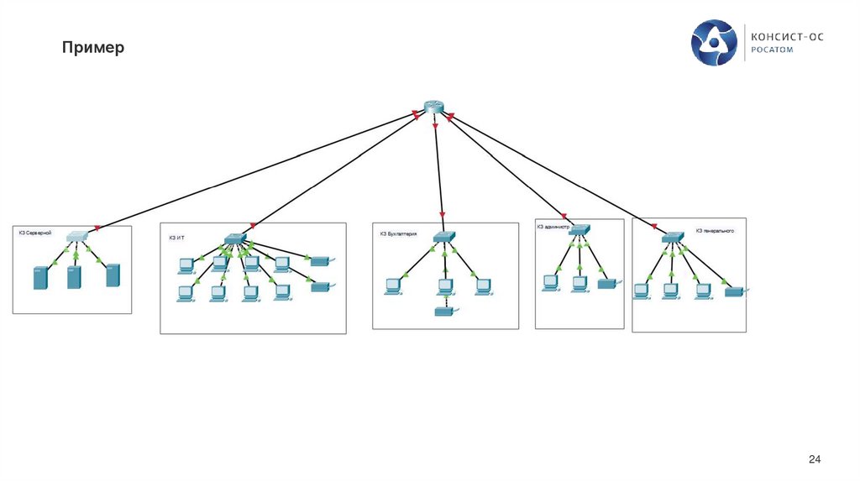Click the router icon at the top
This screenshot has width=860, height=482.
pyautogui.click(x=433, y=107)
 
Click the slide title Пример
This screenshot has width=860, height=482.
pyautogui.click(x=92, y=48)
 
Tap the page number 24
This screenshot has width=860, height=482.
pyautogui.click(x=813, y=458)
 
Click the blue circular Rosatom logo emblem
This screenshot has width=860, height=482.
pyautogui.click(x=714, y=44)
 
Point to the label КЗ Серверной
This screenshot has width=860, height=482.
pyautogui.click(x=35, y=233)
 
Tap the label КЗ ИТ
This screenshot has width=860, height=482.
pyautogui.click(x=176, y=238)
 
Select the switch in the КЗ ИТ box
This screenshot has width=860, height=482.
pyautogui.click(x=234, y=238)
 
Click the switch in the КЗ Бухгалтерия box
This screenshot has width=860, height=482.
pyautogui.click(x=443, y=238)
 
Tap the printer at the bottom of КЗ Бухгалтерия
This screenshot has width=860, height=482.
pyautogui.click(x=444, y=312)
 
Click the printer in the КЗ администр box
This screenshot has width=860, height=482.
pyautogui.click(x=607, y=284)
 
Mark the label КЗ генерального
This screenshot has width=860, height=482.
pyautogui.click(x=715, y=230)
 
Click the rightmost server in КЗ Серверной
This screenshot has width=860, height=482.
pyautogui.click(x=113, y=276)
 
